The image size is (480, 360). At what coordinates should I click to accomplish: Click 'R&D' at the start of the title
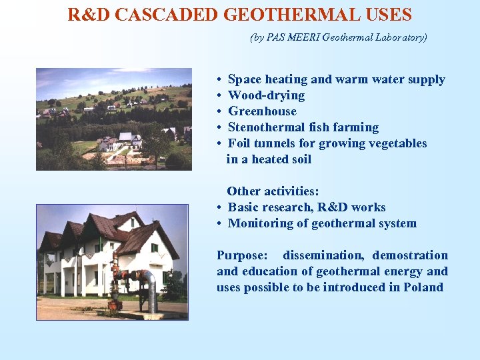(x=89, y=14)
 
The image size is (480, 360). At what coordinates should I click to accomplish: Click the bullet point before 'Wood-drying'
(x=219, y=96)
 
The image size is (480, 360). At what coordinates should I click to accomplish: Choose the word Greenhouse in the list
(x=262, y=111)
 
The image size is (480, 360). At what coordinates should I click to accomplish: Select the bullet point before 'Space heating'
(x=219, y=80)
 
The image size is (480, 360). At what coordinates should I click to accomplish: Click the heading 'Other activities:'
(x=273, y=191)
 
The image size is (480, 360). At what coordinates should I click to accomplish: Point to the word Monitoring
(x=260, y=223)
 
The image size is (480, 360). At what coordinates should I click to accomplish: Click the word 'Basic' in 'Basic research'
(x=244, y=207)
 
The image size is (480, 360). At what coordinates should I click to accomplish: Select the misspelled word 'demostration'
(x=410, y=255)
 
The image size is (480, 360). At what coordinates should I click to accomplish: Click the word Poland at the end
(x=423, y=287)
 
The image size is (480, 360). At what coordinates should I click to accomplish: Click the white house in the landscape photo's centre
(x=125, y=139)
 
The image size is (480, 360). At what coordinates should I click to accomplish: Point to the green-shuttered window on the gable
(x=155, y=248)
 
